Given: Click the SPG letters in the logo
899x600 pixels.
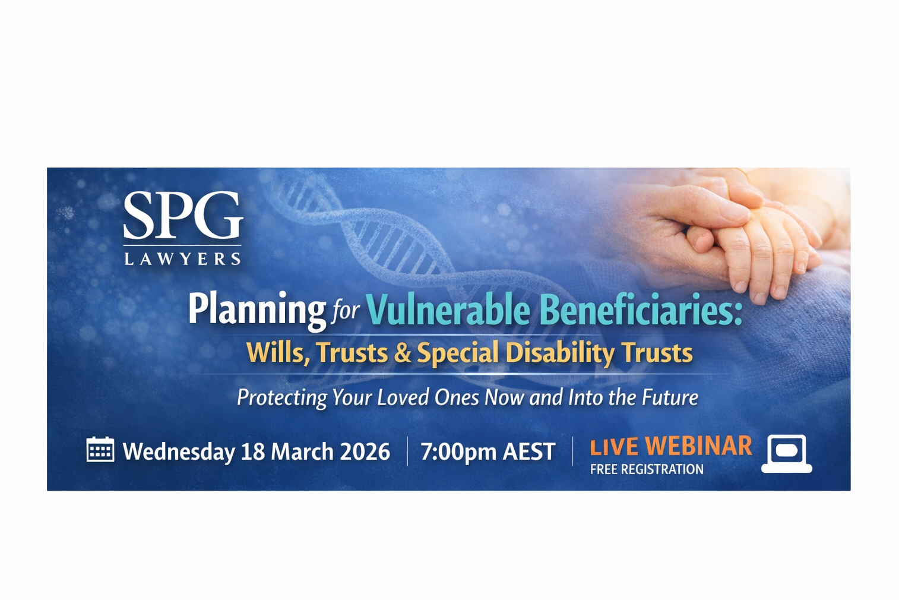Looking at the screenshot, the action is (183, 216).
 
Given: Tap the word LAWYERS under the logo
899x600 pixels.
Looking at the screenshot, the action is (183, 258).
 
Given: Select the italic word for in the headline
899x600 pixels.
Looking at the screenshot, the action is (345, 311).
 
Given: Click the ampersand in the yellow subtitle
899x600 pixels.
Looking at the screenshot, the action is (403, 353).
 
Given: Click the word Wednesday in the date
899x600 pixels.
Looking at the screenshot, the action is (179, 451).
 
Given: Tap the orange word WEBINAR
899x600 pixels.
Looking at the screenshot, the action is (698, 446).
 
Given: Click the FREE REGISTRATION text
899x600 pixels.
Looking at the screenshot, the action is (647, 469).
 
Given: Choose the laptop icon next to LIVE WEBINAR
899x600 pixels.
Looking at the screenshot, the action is (787, 454).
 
